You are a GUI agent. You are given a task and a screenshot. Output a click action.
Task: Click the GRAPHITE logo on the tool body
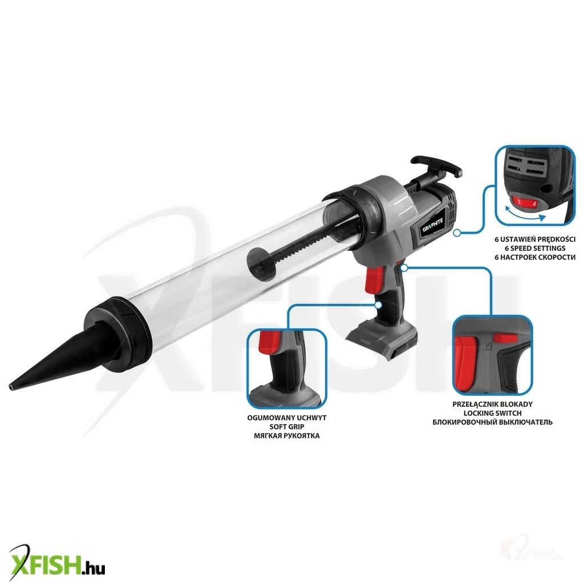coord(433,226)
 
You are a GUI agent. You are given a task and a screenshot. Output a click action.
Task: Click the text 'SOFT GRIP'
coord(287,427)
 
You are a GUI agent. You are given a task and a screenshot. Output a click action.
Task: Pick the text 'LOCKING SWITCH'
coord(492,413)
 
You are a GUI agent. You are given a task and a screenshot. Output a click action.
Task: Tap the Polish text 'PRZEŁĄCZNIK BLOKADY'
coord(492,404)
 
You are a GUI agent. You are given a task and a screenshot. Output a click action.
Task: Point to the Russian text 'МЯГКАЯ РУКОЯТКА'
coord(287,436)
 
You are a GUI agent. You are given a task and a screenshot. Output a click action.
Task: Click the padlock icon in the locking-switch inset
coord(490,347)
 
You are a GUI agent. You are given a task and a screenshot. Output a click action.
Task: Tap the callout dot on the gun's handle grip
coord(379,305)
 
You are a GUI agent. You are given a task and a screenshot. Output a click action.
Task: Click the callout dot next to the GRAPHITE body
coord(457,233)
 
